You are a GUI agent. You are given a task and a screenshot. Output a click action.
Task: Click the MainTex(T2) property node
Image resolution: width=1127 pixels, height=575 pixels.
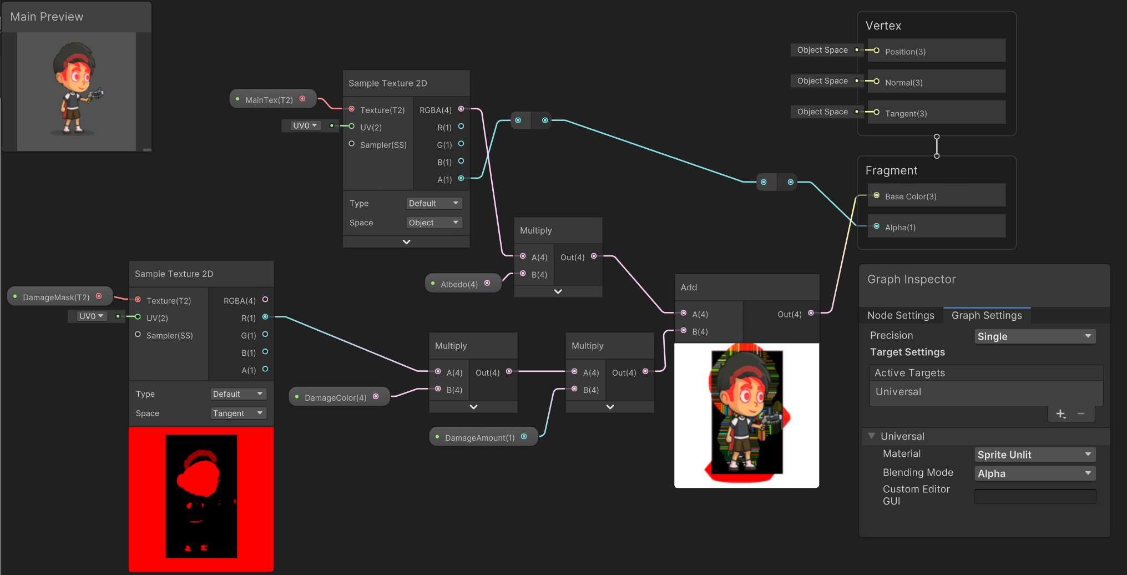point(269,100)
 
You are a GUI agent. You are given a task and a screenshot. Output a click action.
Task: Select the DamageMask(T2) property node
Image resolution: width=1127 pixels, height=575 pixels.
point(56,297)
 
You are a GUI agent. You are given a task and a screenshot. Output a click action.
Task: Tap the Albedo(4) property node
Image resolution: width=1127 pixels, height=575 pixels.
point(459,284)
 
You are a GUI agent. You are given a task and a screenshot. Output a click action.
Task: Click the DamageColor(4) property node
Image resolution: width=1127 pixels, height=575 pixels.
point(335,398)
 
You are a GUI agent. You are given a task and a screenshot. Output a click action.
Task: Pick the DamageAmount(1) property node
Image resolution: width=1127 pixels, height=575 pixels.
point(479,438)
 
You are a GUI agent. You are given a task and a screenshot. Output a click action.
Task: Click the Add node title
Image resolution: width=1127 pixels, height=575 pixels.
point(689,287)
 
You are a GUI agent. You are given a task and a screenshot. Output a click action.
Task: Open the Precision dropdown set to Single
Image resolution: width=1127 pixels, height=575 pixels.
point(1034,336)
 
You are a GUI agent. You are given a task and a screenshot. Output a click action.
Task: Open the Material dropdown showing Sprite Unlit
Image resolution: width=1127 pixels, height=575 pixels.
point(1034,455)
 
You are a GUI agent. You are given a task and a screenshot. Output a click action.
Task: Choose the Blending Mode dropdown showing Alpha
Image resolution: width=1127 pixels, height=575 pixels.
point(1034,473)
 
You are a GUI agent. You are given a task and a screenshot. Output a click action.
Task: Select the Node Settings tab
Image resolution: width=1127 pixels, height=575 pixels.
point(901,316)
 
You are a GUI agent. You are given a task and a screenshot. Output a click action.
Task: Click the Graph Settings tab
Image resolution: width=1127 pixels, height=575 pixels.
point(987,316)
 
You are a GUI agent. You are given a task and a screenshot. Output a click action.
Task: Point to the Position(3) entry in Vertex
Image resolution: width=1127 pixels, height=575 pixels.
point(905,52)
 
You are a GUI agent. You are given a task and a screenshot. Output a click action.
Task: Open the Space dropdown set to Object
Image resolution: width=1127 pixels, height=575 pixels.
point(434,223)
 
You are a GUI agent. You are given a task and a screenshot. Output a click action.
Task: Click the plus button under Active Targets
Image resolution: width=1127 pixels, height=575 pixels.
point(1060,414)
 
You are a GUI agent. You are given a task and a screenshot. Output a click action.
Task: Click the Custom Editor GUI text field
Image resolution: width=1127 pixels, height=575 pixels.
point(1035,496)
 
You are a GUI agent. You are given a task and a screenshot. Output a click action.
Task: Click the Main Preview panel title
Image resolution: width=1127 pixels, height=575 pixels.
point(47,17)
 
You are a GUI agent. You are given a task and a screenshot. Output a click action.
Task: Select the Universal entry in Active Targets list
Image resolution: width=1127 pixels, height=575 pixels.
point(898,392)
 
